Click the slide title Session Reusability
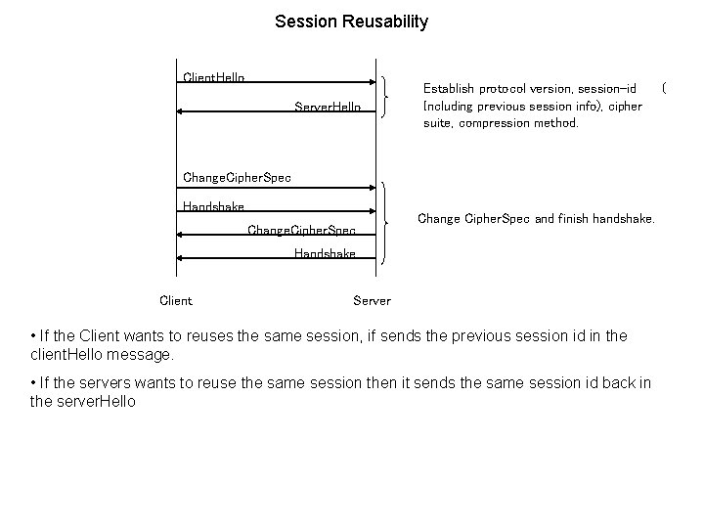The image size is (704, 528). [351, 22]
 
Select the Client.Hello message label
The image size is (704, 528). [214, 77]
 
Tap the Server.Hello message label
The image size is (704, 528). [328, 107]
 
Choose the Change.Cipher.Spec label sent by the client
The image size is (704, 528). [237, 178]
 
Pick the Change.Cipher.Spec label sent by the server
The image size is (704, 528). [301, 231]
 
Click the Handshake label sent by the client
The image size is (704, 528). [213, 206]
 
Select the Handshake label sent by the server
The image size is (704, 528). [325, 254]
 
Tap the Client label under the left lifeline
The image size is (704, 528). [176, 300]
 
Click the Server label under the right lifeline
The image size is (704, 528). [372, 300]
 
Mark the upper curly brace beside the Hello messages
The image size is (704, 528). [392, 98]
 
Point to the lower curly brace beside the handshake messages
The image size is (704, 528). [394, 222]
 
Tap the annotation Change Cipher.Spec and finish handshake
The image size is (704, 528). [535, 218]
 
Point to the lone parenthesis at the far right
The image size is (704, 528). [665, 89]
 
